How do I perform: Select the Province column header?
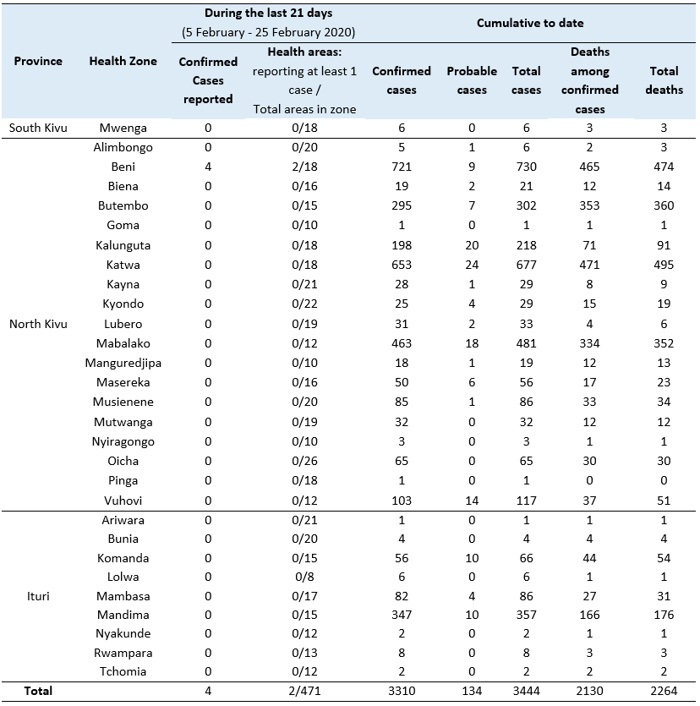pos(38,62)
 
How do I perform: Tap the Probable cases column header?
pos(472,80)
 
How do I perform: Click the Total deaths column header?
pos(664,80)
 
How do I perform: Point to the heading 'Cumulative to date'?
pos(530,23)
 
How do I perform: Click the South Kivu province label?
pos(38,128)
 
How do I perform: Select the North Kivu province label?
pos(38,324)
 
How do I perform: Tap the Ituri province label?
pos(38,596)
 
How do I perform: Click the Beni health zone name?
pos(123,167)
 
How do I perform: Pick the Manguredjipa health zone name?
pos(123,363)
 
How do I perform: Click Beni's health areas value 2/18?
pos(304,167)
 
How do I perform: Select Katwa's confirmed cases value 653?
pos(402,265)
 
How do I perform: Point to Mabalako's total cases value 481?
pos(526,343)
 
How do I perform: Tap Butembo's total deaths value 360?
pos(664,205)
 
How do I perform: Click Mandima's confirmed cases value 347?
pos(402,616)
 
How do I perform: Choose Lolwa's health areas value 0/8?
pos(304,577)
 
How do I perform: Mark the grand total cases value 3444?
pos(526,691)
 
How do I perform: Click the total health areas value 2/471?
pos(304,691)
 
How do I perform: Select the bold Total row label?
pos(38,691)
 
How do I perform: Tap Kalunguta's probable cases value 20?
pos(472,245)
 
